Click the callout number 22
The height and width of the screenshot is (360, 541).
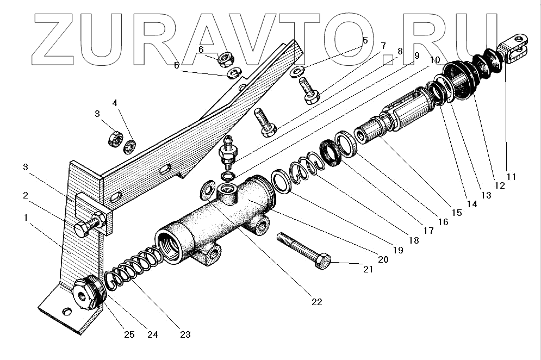click(x=316, y=302)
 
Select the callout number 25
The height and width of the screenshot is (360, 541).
click(x=128, y=334)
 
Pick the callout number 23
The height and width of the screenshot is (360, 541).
click(x=185, y=334)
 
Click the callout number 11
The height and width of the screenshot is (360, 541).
click(x=512, y=177)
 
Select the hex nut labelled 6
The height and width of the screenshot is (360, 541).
click(x=225, y=58)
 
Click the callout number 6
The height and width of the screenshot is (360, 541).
click(x=201, y=49)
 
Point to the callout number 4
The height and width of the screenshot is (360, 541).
click(x=115, y=103)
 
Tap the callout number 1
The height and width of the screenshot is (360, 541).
click(x=25, y=218)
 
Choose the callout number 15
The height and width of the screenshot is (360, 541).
click(x=457, y=213)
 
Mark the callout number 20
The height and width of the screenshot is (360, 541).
click(x=383, y=259)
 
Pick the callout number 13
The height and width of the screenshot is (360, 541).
click(x=486, y=195)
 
